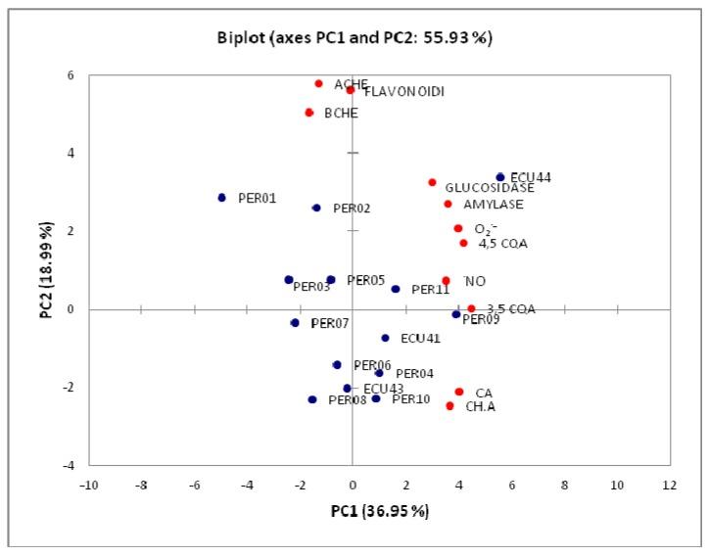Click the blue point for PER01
[x=221, y=198]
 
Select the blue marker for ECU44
[x=499, y=177]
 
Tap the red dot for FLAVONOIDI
[x=350, y=90]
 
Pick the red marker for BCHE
[x=308, y=113]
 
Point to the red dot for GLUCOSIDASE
[x=432, y=182]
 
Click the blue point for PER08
[x=311, y=399]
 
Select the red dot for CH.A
[x=449, y=405]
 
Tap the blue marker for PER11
[x=396, y=289]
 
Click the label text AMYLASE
[x=493, y=205]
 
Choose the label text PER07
[x=329, y=323]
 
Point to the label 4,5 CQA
[x=502, y=244]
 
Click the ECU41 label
[x=420, y=339]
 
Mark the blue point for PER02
[x=316, y=208]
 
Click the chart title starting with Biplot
[x=355, y=39]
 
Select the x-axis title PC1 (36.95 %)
[x=380, y=510]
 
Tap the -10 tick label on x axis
[x=89, y=485]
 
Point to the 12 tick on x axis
[x=670, y=485]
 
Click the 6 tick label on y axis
[x=70, y=75]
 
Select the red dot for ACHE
[x=318, y=83]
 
